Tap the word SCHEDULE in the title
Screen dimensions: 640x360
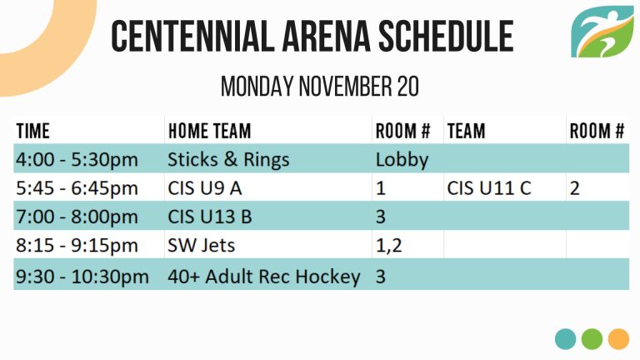click(445, 37)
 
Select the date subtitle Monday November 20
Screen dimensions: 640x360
click(320, 86)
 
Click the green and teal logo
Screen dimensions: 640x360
click(602, 32)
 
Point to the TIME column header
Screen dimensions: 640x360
click(33, 131)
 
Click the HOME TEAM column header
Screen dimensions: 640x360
click(209, 131)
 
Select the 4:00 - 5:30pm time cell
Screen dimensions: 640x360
click(77, 159)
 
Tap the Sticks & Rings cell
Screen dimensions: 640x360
click(228, 159)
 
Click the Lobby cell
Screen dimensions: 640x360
click(402, 160)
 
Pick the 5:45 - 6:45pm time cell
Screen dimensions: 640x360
click(77, 188)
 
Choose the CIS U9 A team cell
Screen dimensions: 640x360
click(205, 188)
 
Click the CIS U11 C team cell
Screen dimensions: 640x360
click(489, 188)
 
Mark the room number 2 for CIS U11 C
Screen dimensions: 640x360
click(575, 188)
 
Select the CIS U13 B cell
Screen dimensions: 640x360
click(210, 217)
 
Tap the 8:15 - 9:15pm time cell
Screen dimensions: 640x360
click(77, 245)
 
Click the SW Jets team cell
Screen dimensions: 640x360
click(201, 245)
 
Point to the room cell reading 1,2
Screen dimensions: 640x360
click(388, 246)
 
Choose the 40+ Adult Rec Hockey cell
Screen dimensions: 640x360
click(264, 277)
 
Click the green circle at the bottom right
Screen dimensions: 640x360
click(592, 339)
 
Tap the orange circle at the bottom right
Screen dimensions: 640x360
click(618, 339)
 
